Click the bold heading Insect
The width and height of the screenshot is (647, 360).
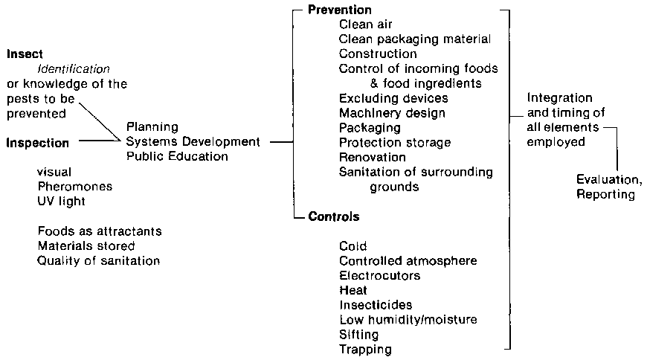point(25,54)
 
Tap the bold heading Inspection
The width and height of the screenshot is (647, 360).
point(38,142)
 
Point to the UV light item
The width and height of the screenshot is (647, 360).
point(62,201)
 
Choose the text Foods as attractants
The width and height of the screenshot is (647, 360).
point(99,231)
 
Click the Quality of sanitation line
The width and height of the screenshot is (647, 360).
point(99,260)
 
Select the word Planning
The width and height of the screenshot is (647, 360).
point(152,127)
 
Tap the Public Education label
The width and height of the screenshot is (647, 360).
point(177,156)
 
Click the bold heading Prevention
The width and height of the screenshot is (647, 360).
point(340,10)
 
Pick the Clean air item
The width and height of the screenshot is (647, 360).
point(366,24)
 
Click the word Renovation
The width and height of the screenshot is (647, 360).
point(373,157)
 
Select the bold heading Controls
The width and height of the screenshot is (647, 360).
point(333,217)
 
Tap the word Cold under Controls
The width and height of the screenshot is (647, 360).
point(353,246)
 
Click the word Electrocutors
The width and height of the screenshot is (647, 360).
point(379,275)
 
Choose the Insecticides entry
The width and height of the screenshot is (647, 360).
point(376,304)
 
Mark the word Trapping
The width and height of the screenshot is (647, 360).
point(365,348)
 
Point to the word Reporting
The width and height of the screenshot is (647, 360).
point(606,195)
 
